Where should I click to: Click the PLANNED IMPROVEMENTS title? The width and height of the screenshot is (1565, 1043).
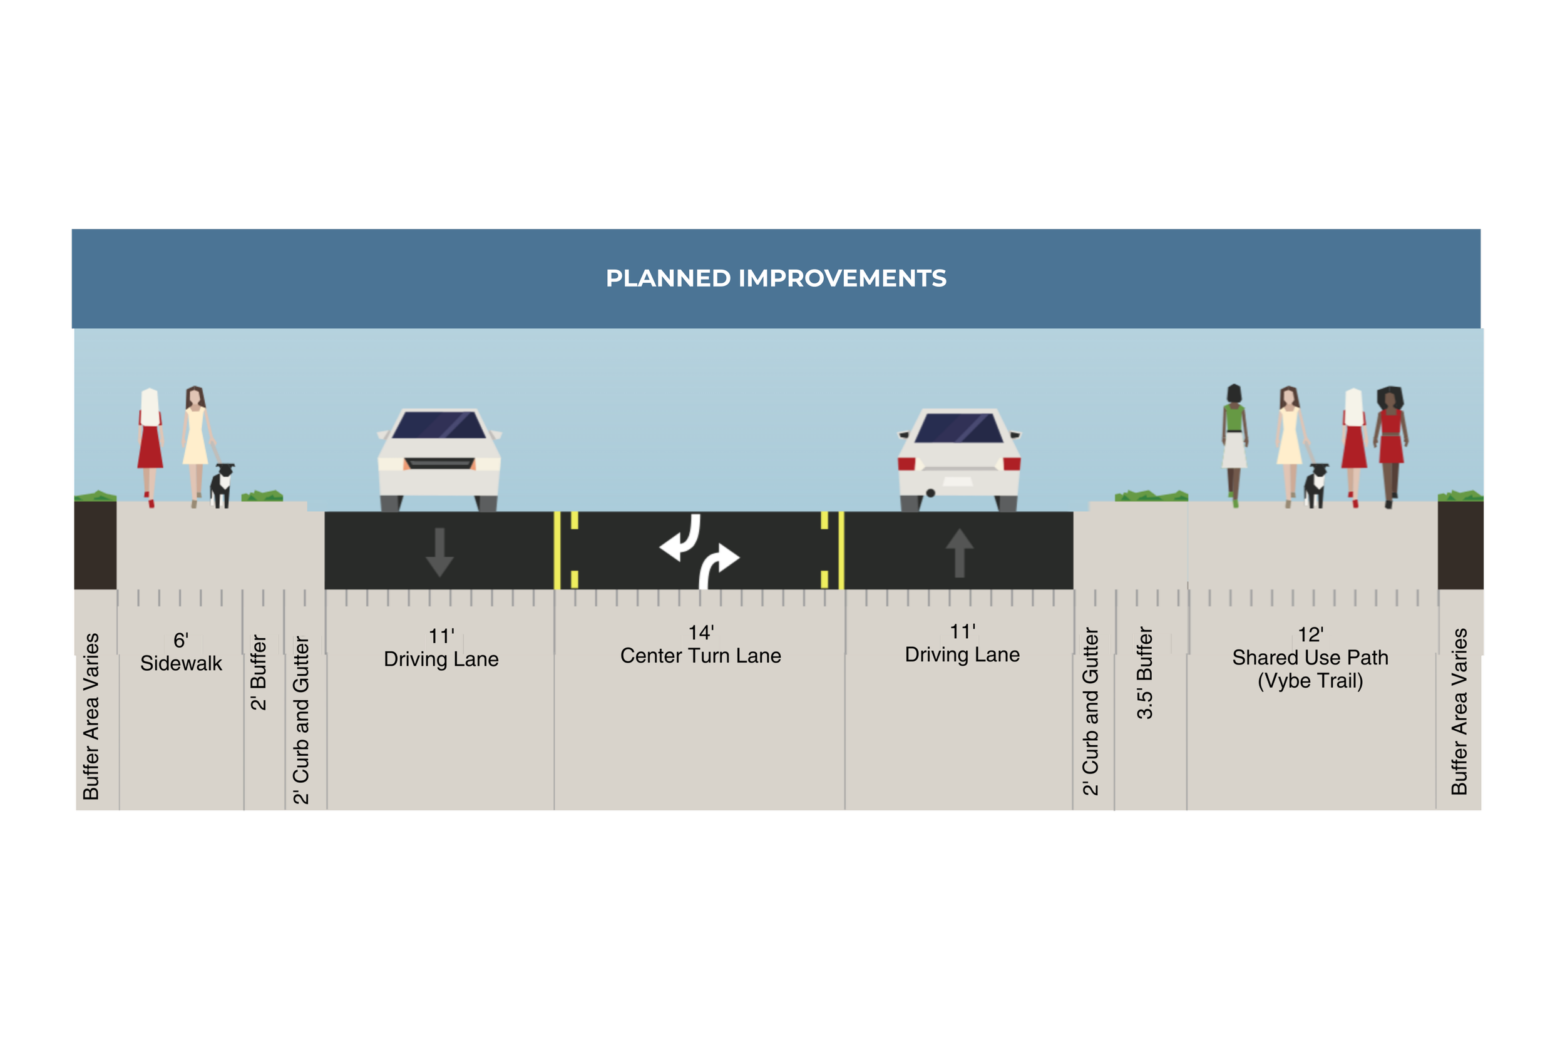[776, 278]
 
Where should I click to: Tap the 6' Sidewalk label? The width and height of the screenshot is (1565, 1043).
[181, 653]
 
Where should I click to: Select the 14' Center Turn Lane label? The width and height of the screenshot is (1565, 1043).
[700, 645]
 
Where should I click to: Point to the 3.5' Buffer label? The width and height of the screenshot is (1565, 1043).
[1144, 673]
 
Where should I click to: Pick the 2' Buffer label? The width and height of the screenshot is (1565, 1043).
[258, 673]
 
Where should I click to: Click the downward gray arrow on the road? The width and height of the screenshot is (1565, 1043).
[439, 552]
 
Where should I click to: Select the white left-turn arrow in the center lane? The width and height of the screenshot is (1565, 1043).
[680, 539]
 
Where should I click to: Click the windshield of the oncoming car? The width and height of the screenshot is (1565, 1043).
[439, 425]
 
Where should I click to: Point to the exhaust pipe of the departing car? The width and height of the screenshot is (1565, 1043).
[930, 493]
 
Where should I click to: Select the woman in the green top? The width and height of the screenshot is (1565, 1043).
[1234, 442]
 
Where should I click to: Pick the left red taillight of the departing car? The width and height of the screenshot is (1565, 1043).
[906, 464]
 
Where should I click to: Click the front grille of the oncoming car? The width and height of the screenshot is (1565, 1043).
[439, 463]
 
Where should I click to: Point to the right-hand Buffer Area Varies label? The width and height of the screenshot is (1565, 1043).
[1459, 712]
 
